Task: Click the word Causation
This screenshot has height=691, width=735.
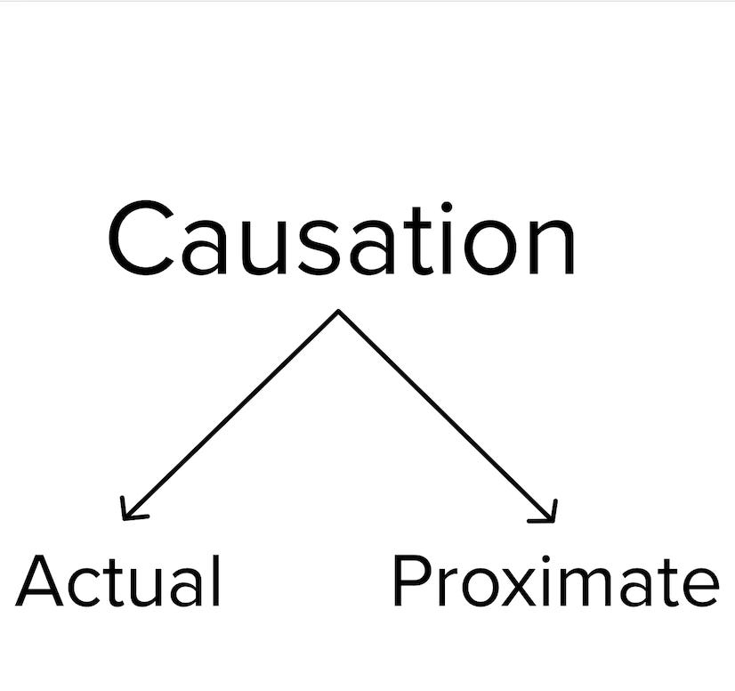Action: click(342, 238)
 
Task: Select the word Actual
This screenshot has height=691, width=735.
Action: click(118, 581)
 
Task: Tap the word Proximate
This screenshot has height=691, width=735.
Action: click(554, 581)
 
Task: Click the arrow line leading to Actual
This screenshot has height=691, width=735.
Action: click(231, 413)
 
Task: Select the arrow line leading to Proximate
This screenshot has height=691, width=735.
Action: click(445, 413)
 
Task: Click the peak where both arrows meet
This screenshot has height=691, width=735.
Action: click(338, 312)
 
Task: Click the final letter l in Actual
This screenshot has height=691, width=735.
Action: click(216, 580)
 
